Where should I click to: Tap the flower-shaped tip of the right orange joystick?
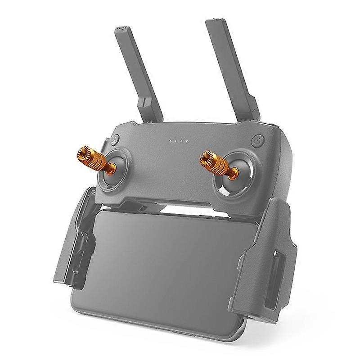206,158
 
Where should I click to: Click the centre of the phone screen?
166,265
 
